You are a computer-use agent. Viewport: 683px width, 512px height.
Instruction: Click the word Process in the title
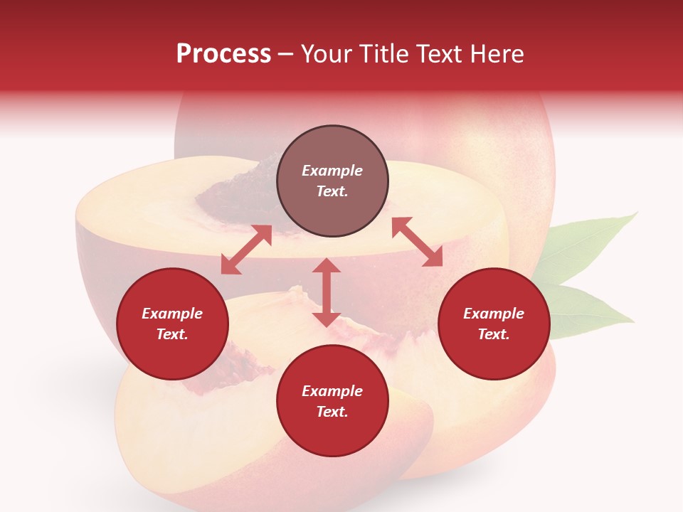(x=223, y=54)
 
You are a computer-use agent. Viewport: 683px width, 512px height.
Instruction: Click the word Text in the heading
(x=440, y=54)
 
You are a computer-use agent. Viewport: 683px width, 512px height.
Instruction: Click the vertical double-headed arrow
(x=327, y=292)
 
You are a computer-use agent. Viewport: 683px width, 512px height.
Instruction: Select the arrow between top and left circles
(x=246, y=250)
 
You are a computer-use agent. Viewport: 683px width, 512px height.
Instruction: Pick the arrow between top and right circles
(x=417, y=242)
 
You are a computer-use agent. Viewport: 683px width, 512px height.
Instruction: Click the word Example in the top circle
(x=332, y=171)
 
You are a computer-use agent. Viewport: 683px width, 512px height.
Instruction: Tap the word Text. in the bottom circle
(x=332, y=412)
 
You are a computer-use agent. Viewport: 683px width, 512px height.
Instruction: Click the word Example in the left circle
(x=172, y=314)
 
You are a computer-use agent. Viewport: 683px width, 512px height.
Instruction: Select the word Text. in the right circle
(x=494, y=334)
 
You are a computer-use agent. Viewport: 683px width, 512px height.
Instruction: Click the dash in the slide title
(x=286, y=55)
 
